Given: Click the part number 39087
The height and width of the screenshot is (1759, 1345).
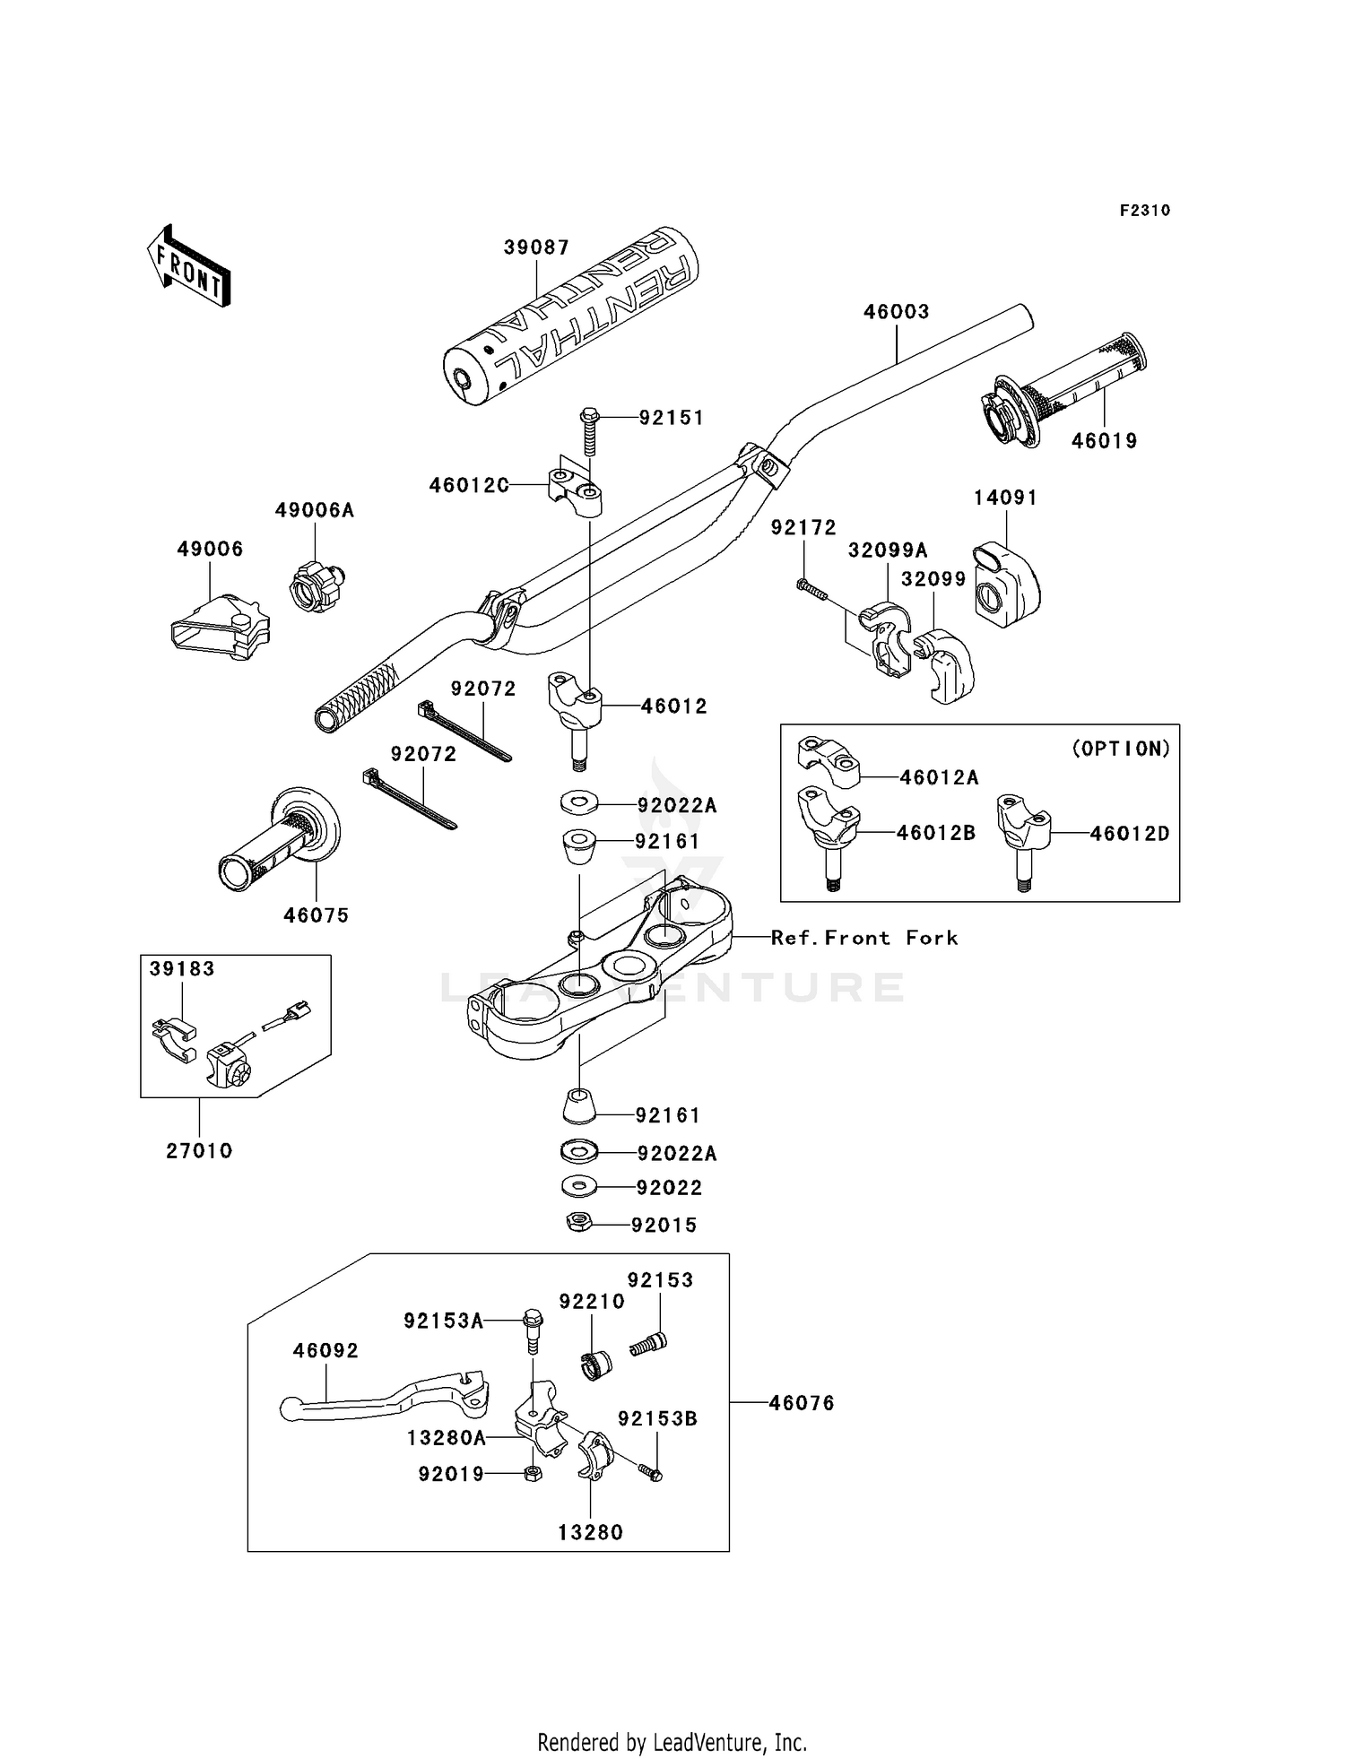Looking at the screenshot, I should click(536, 247).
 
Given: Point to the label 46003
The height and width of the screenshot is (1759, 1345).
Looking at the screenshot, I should click(896, 312).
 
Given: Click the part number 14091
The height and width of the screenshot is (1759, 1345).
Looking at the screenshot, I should click(1005, 498).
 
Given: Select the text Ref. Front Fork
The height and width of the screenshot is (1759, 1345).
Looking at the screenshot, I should click(864, 938).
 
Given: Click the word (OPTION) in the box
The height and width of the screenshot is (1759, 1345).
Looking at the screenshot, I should click(1121, 749).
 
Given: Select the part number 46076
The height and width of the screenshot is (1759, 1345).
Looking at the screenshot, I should click(801, 1403).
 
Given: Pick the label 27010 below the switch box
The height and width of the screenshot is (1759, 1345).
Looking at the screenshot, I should click(199, 1150).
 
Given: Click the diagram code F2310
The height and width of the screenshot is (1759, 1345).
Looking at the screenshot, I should click(1144, 211).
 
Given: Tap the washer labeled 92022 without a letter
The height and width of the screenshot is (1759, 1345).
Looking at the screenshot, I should click(579, 1187).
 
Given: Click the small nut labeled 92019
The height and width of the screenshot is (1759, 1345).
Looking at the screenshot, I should click(531, 1473).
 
